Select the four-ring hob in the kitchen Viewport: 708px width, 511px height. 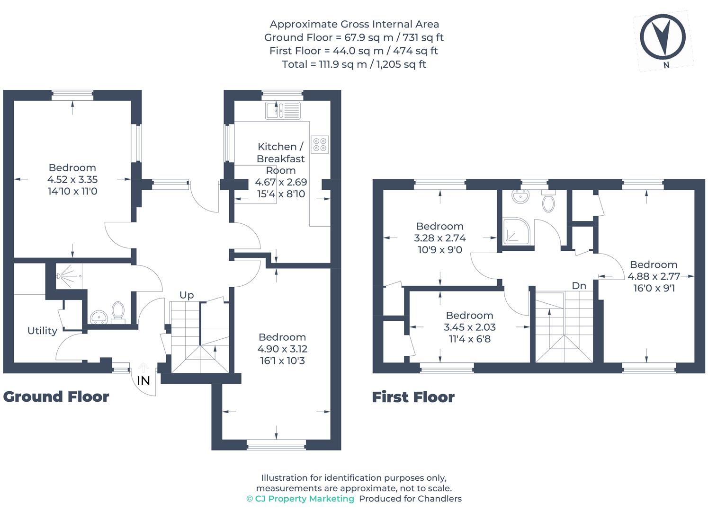320,144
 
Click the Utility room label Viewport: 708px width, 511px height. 42,331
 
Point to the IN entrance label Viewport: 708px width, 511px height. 143,380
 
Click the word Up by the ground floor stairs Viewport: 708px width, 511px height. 187,295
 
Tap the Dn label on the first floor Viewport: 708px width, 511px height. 579,286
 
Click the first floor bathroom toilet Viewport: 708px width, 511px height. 548,202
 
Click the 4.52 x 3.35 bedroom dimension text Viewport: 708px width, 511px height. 72,179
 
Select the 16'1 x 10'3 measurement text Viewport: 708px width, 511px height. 282,361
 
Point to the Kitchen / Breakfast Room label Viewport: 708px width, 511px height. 281,159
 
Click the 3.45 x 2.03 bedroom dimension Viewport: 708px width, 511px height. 469,327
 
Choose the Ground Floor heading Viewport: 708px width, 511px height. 56,396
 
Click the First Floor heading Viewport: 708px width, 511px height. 413,397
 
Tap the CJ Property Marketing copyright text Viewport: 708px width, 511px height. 300,499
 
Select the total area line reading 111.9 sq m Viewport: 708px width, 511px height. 354,64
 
